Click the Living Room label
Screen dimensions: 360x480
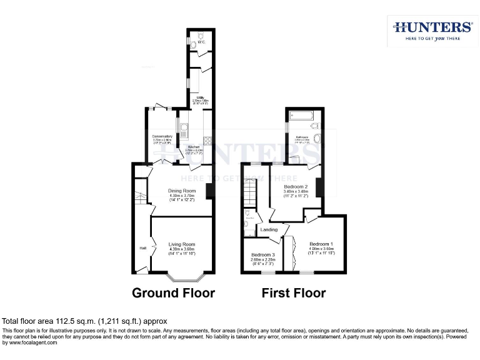[182, 244]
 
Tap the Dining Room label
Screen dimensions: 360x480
[182, 191]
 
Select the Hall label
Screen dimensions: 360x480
[142, 247]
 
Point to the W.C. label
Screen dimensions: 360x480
[201, 43]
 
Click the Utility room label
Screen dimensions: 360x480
[201, 97]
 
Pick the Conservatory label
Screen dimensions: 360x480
[162, 136]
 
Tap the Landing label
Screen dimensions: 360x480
[269, 229]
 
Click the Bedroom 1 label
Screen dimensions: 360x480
[321, 244]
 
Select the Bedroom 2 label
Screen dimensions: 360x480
[296, 186]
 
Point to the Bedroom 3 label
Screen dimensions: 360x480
[263, 255]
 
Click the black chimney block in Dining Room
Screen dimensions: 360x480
[211, 191]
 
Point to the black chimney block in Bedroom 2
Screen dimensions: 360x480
[319, 187]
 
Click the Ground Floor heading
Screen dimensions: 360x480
[173, 292]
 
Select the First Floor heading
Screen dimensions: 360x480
[293, 292]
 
